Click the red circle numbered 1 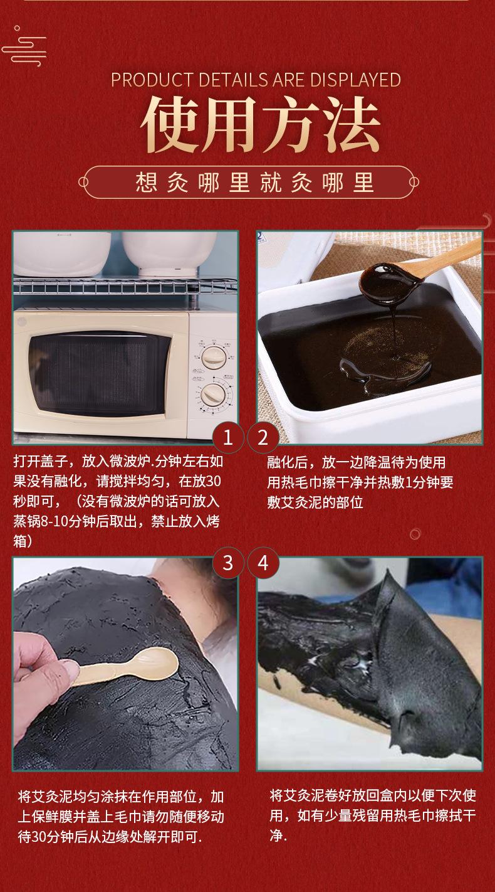(x=227, y=438)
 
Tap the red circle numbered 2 (x=263, y=438)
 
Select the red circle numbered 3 (x=227, y=563)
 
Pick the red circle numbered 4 (x=263, y=563)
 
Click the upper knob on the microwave (x=213, y=357)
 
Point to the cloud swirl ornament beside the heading (x=24, y=47)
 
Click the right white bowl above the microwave (x=169, y=253)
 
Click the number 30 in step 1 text (x=214, y=481)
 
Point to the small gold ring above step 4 (x=415, y=534)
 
